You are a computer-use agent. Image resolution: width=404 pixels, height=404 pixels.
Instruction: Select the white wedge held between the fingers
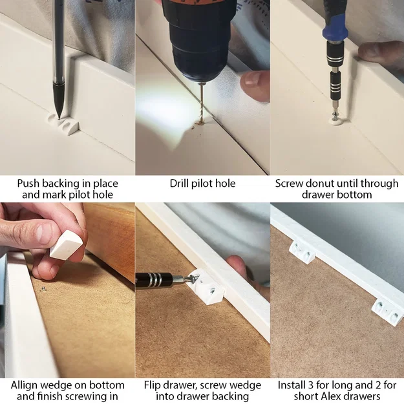(66, 245)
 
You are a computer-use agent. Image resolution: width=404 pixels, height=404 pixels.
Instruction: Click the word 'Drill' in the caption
(182, 184)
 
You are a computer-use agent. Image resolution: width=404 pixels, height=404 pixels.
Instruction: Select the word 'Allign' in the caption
(27, 385)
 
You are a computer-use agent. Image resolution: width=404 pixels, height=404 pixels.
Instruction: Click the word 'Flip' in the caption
(153, 385)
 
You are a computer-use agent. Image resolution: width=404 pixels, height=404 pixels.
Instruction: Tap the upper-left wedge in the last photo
(302, 250)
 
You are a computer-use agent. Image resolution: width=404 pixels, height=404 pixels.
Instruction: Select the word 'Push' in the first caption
(29, 184)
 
